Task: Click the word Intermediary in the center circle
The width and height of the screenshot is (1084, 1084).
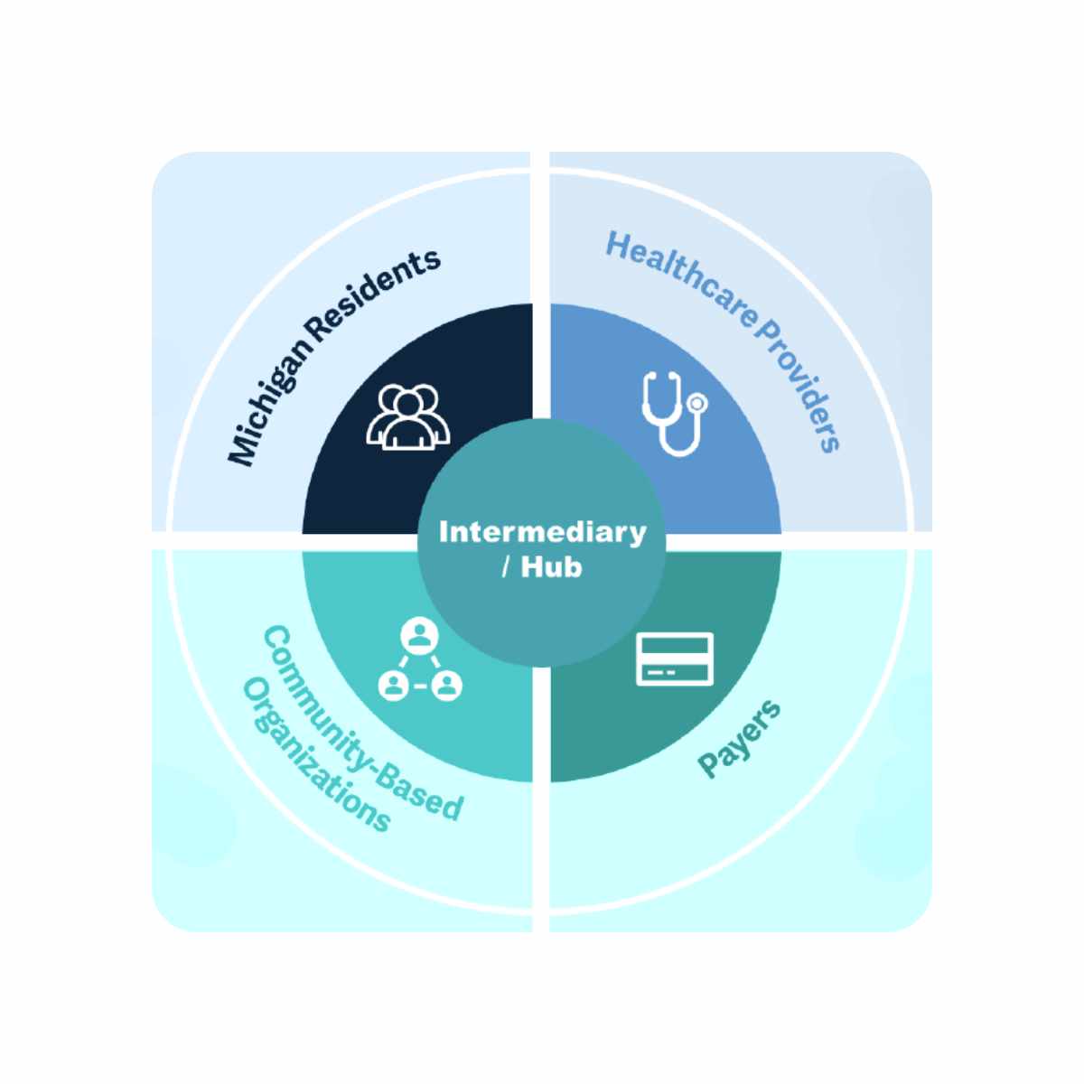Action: point(542,531)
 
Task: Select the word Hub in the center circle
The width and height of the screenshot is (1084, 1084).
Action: point(551,567)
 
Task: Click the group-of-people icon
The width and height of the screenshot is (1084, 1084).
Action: point(407,416)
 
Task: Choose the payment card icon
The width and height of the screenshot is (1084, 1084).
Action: point(675,659)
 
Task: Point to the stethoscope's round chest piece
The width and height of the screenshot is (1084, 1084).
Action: point(697,403)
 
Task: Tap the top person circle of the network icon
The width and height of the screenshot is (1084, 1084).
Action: point(419,636)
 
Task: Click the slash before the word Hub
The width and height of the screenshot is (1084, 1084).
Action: point(506,567)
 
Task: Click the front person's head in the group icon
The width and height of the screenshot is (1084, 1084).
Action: point(407,406)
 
